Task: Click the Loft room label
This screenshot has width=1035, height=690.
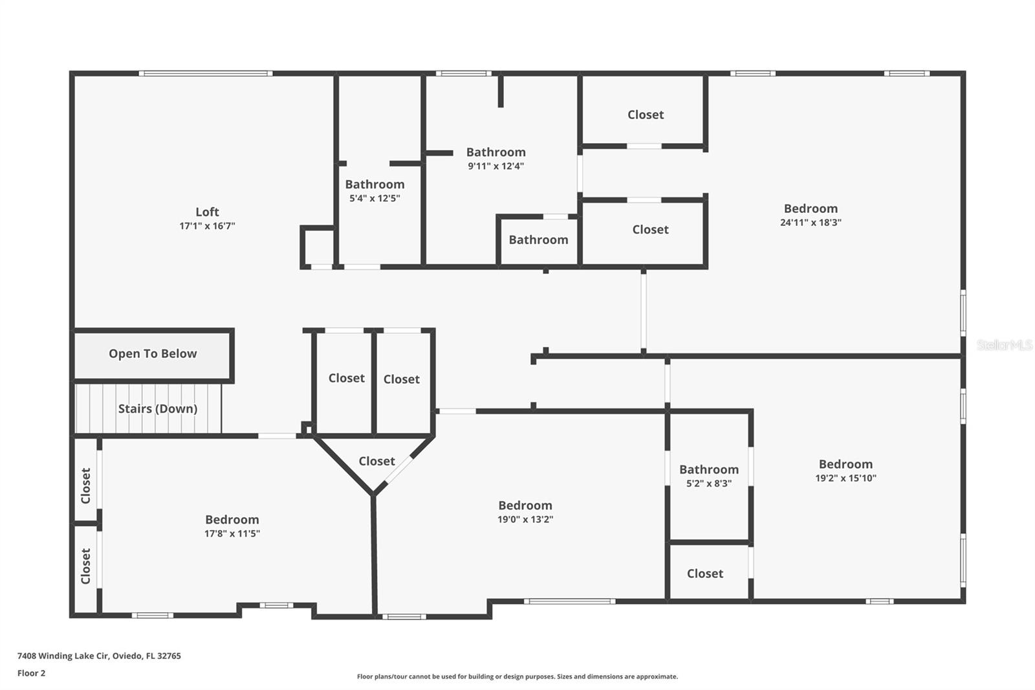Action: [207, 212]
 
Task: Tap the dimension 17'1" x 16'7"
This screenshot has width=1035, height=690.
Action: [207, 226]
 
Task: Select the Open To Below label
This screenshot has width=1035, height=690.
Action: [153, 353]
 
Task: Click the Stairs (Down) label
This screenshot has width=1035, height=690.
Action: [157, 408]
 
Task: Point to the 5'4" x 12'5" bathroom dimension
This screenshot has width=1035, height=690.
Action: [375, 199]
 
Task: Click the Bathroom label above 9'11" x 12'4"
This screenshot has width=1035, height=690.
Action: [496, 152]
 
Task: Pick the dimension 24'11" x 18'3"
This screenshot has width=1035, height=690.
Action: [811, 222]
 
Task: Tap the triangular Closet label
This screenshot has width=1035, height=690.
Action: [376, 461]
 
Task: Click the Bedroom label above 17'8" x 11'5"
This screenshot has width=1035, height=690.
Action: [232, 519]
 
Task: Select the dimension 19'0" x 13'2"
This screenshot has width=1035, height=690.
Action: [525, 519]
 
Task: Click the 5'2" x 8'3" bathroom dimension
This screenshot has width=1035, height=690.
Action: [708, 484]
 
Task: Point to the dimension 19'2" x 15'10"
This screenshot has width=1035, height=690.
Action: [845, 478]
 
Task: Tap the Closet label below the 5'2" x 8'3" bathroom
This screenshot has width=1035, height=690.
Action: [704, 573]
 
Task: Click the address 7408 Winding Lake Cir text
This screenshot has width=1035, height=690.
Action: [99, 656]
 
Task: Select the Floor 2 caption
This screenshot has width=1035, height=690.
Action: [31, 673]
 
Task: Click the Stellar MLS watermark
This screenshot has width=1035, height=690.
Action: [1004, 345]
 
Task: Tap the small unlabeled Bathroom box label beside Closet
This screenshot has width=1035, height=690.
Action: [538, 239]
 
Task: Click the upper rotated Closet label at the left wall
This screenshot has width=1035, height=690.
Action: [85, 485]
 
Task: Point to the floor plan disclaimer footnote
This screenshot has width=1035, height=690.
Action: [517, 676]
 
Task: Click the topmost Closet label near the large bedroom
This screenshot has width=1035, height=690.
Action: [645, 115]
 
